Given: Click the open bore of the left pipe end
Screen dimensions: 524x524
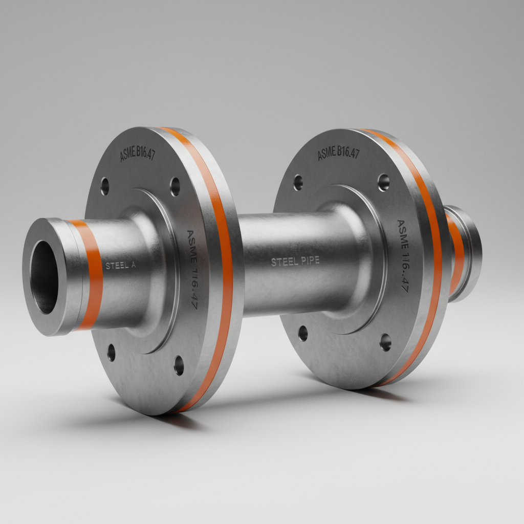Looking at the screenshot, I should pyautogui.click(x=45, y=276).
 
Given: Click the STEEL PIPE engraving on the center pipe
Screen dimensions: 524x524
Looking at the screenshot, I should pyautogui.click(x=295, y=261).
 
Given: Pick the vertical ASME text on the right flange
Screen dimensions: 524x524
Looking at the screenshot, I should pyautogui.click(x=403, y=256).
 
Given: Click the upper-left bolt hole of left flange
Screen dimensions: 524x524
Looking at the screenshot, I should pyautogui.click(x=105, y=186).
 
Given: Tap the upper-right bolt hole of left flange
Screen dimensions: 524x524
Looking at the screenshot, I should pyautogui.click(x=175, y=187).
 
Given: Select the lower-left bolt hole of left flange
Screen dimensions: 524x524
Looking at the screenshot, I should pyautogui.click(x=112, y=353).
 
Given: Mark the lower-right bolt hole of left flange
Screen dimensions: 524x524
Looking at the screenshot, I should pyautogui.click(x=179, y=365).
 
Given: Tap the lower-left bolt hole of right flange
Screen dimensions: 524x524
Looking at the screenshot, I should pyautogui.click(x=303, y=333).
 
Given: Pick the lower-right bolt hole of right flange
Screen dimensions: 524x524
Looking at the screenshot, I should pyautogui.click(x=385, y=342).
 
